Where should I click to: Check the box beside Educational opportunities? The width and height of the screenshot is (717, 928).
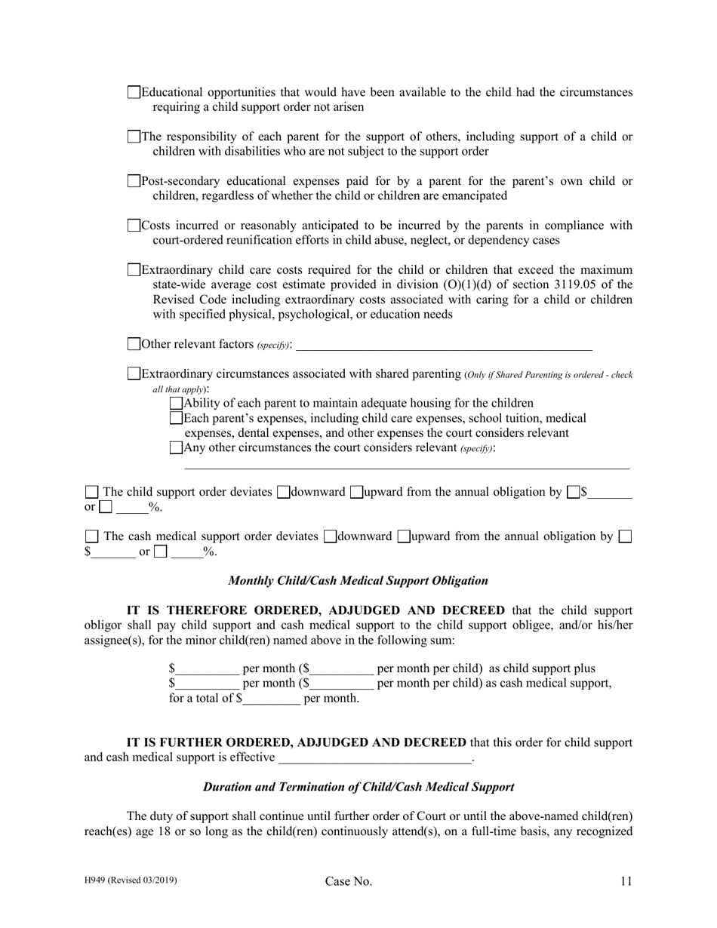(134, 93)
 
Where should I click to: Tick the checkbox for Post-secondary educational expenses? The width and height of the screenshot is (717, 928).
(134, 181)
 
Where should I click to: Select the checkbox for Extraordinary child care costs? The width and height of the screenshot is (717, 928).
(134, 269)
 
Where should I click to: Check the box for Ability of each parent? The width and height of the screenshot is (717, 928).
(176, 404)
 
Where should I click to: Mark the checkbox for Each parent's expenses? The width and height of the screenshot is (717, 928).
(176, 418)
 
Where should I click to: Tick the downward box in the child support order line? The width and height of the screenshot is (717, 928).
(283, 493)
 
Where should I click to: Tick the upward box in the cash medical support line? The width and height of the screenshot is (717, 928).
(404, 537)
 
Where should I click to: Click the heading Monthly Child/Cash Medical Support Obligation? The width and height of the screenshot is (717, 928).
(358, 581)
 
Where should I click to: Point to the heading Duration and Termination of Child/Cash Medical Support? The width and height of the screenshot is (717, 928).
(358, 787)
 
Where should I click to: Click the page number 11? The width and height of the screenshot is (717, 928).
(626, 881)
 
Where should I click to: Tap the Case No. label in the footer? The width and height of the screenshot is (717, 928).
(349, 881)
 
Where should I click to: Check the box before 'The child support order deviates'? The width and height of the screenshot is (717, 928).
(91, 493)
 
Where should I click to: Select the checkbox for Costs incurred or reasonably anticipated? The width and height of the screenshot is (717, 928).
(134, 226)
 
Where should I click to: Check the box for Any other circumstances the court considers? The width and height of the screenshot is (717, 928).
(176, 447)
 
